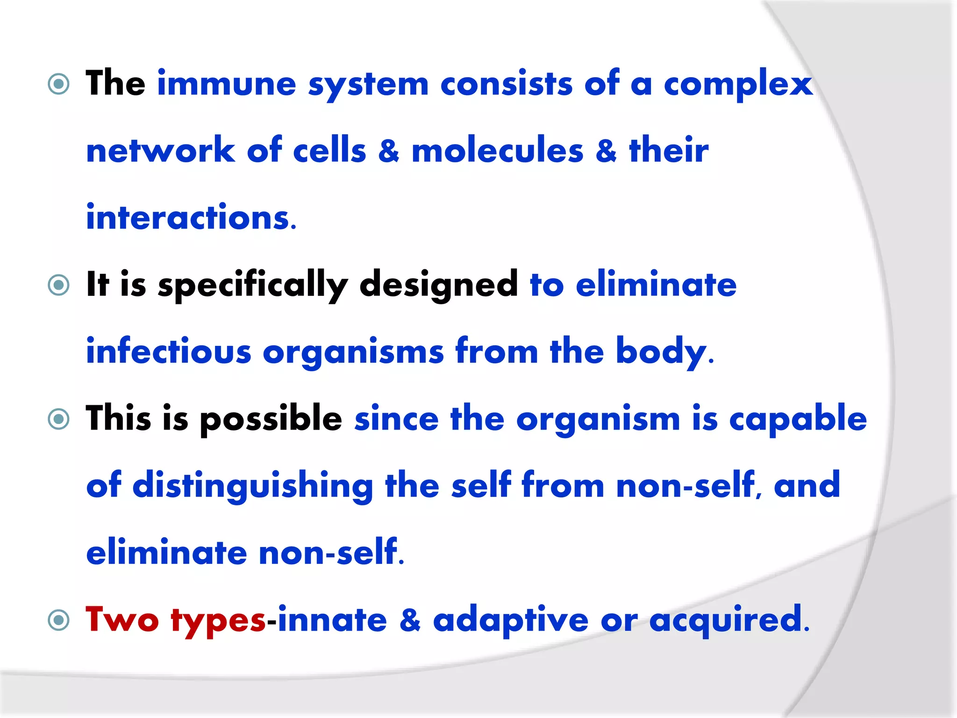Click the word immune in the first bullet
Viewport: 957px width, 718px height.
tap(227, 84)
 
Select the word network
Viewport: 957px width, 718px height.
tap(161, 151)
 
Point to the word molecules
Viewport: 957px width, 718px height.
tap(497, 151)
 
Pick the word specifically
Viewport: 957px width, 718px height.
tap(253, 285)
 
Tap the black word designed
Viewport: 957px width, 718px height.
tap(438, 285)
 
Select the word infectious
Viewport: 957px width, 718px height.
tap(169, 352)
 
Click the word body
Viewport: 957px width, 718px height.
tap(661, 352)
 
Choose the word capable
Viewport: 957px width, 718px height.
tap(798, 419)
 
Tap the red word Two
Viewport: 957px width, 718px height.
tap(122, 620)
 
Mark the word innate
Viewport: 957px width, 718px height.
tap(332, 620)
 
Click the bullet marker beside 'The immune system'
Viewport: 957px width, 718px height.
tap(59, 85)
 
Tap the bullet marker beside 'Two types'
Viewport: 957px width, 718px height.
tap(59, 620)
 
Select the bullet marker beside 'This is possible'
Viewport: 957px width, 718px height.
tap(59, 419)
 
